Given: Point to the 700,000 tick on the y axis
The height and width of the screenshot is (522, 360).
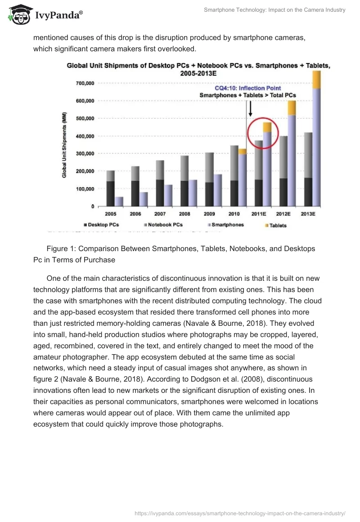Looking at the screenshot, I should (x=84, y=83).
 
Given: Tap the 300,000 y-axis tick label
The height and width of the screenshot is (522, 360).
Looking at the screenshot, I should (x=84, y=154).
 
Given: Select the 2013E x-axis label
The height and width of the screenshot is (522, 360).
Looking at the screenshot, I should (x=307, y=214).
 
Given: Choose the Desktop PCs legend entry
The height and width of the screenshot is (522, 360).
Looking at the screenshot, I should (x=103, y=225).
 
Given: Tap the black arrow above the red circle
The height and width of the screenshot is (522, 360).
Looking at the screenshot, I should (x=250, y=108).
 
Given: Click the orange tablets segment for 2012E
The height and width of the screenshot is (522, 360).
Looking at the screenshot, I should (x=292, y=108).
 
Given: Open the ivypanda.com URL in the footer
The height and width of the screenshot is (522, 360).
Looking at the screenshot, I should (x=240, y=513).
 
